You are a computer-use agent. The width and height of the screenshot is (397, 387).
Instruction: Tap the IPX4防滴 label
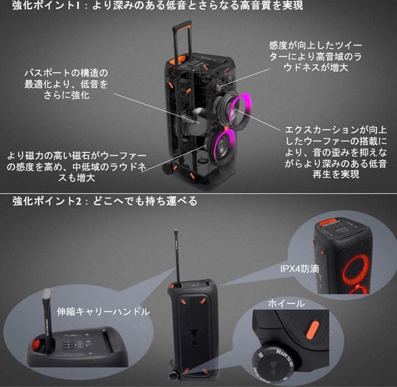pyautogui.click(x=298, y=270)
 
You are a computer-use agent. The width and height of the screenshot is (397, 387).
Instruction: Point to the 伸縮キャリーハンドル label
pyautogui.click(x=103, y=311)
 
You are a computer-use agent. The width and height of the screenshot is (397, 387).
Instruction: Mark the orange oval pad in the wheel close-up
pyautogui.click(x=317, y=329)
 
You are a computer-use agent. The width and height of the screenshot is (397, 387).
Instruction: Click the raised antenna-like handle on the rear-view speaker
pyautogui.click(x=176, y=254)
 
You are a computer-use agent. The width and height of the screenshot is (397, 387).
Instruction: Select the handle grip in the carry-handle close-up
pyautogui.click(x=46, y=314)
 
